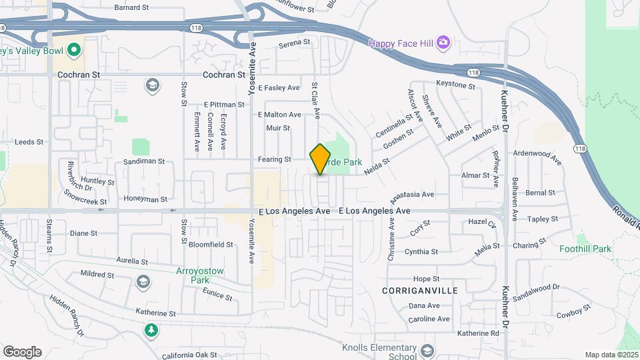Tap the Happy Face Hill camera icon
(x=444, y=43)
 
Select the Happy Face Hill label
(x=401, y=43)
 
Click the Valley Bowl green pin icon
(x=74, y=49)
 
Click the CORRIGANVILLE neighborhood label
(x=419, y=291)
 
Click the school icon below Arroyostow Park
(x=143, y=283)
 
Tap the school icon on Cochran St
(x=153, y=84)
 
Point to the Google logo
(x=22, y=351)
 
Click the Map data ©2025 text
(x=610, y=355)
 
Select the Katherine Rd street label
(x=478, y=333)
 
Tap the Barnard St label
(x=131, y=7)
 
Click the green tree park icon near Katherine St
(x=152, y=329)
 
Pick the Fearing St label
(x=275, y=159)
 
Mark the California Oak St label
(x=190, y=355)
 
